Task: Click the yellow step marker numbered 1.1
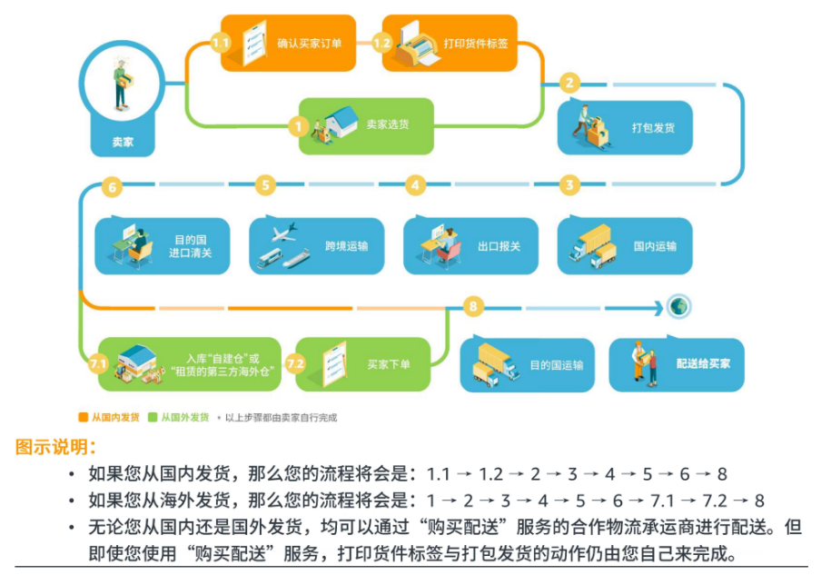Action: point(221,43)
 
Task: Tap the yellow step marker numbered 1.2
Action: point(382,43)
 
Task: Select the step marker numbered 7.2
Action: point(295,364)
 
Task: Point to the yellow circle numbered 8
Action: point(473,306)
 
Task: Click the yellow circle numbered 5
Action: point(265,185)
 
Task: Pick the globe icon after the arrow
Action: point(678,306)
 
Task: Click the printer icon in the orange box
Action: point(419,45)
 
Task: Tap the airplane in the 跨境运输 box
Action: point(284,233)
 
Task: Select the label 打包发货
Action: point(653,128)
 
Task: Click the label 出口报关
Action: point(500,246)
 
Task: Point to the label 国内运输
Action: point(655,246)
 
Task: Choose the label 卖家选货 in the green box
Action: point(388,124)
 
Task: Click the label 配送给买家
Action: point(703,363)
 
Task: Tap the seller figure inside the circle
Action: point(123,84)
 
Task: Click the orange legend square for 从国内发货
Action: point(84,417)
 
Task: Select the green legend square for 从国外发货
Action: point(153,417)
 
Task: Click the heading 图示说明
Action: point(55,447)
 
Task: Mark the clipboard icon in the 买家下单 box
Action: point(334,363)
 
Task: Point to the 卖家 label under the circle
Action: point(123,142)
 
